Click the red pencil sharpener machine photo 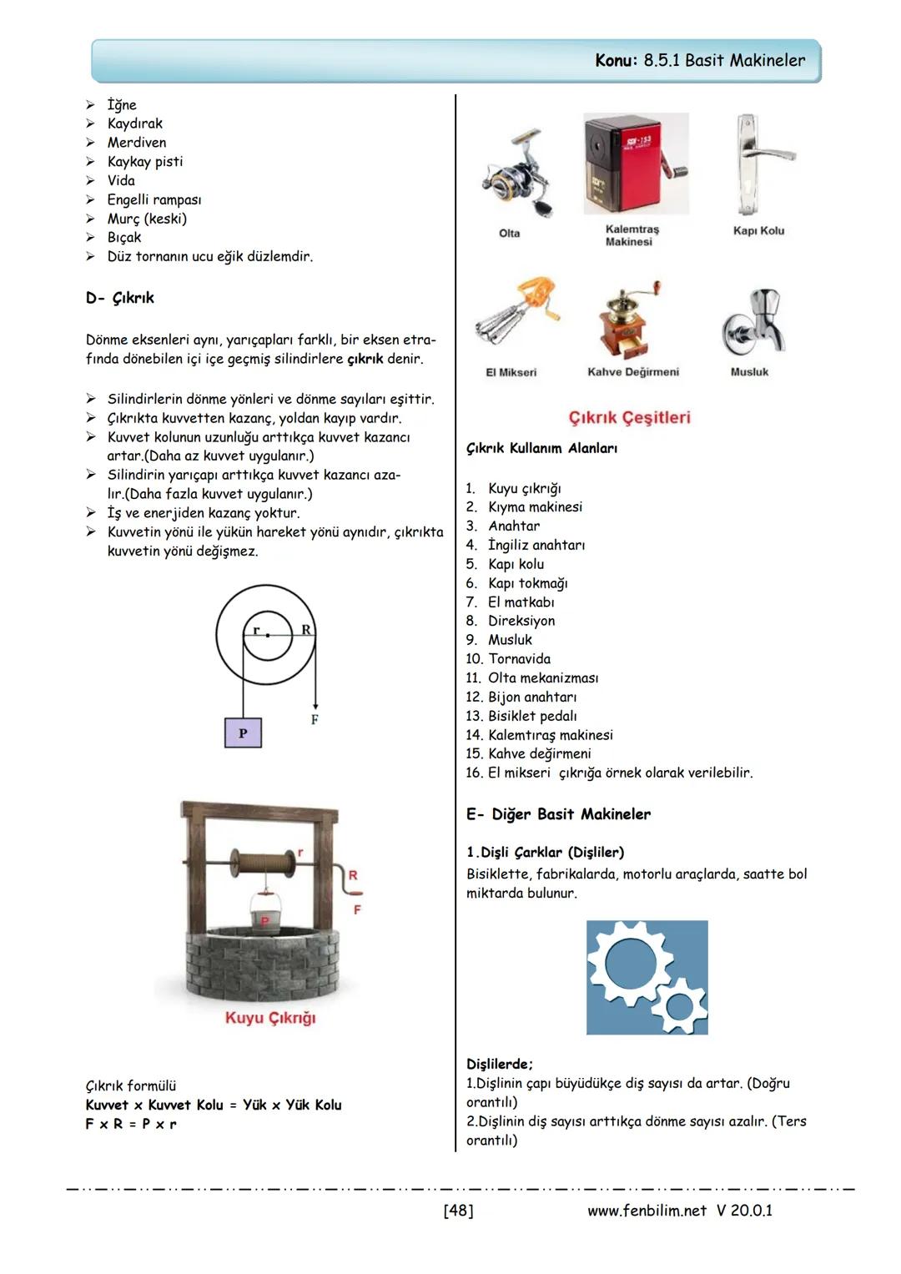pos(636,165)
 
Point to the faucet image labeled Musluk pos(755,322)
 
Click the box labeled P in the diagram pos(243,733)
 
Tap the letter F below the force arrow pos(315,719)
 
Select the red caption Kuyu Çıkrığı pos(270,1018)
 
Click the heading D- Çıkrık pos(120,298)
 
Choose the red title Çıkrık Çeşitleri pos(629,417)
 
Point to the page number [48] pos(458,1210)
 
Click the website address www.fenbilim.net pos(647,1210)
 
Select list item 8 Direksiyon pos(521,621)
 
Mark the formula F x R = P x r pos(131,1124)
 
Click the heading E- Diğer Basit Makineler pos(558,814)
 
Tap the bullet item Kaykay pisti pos(144,161)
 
